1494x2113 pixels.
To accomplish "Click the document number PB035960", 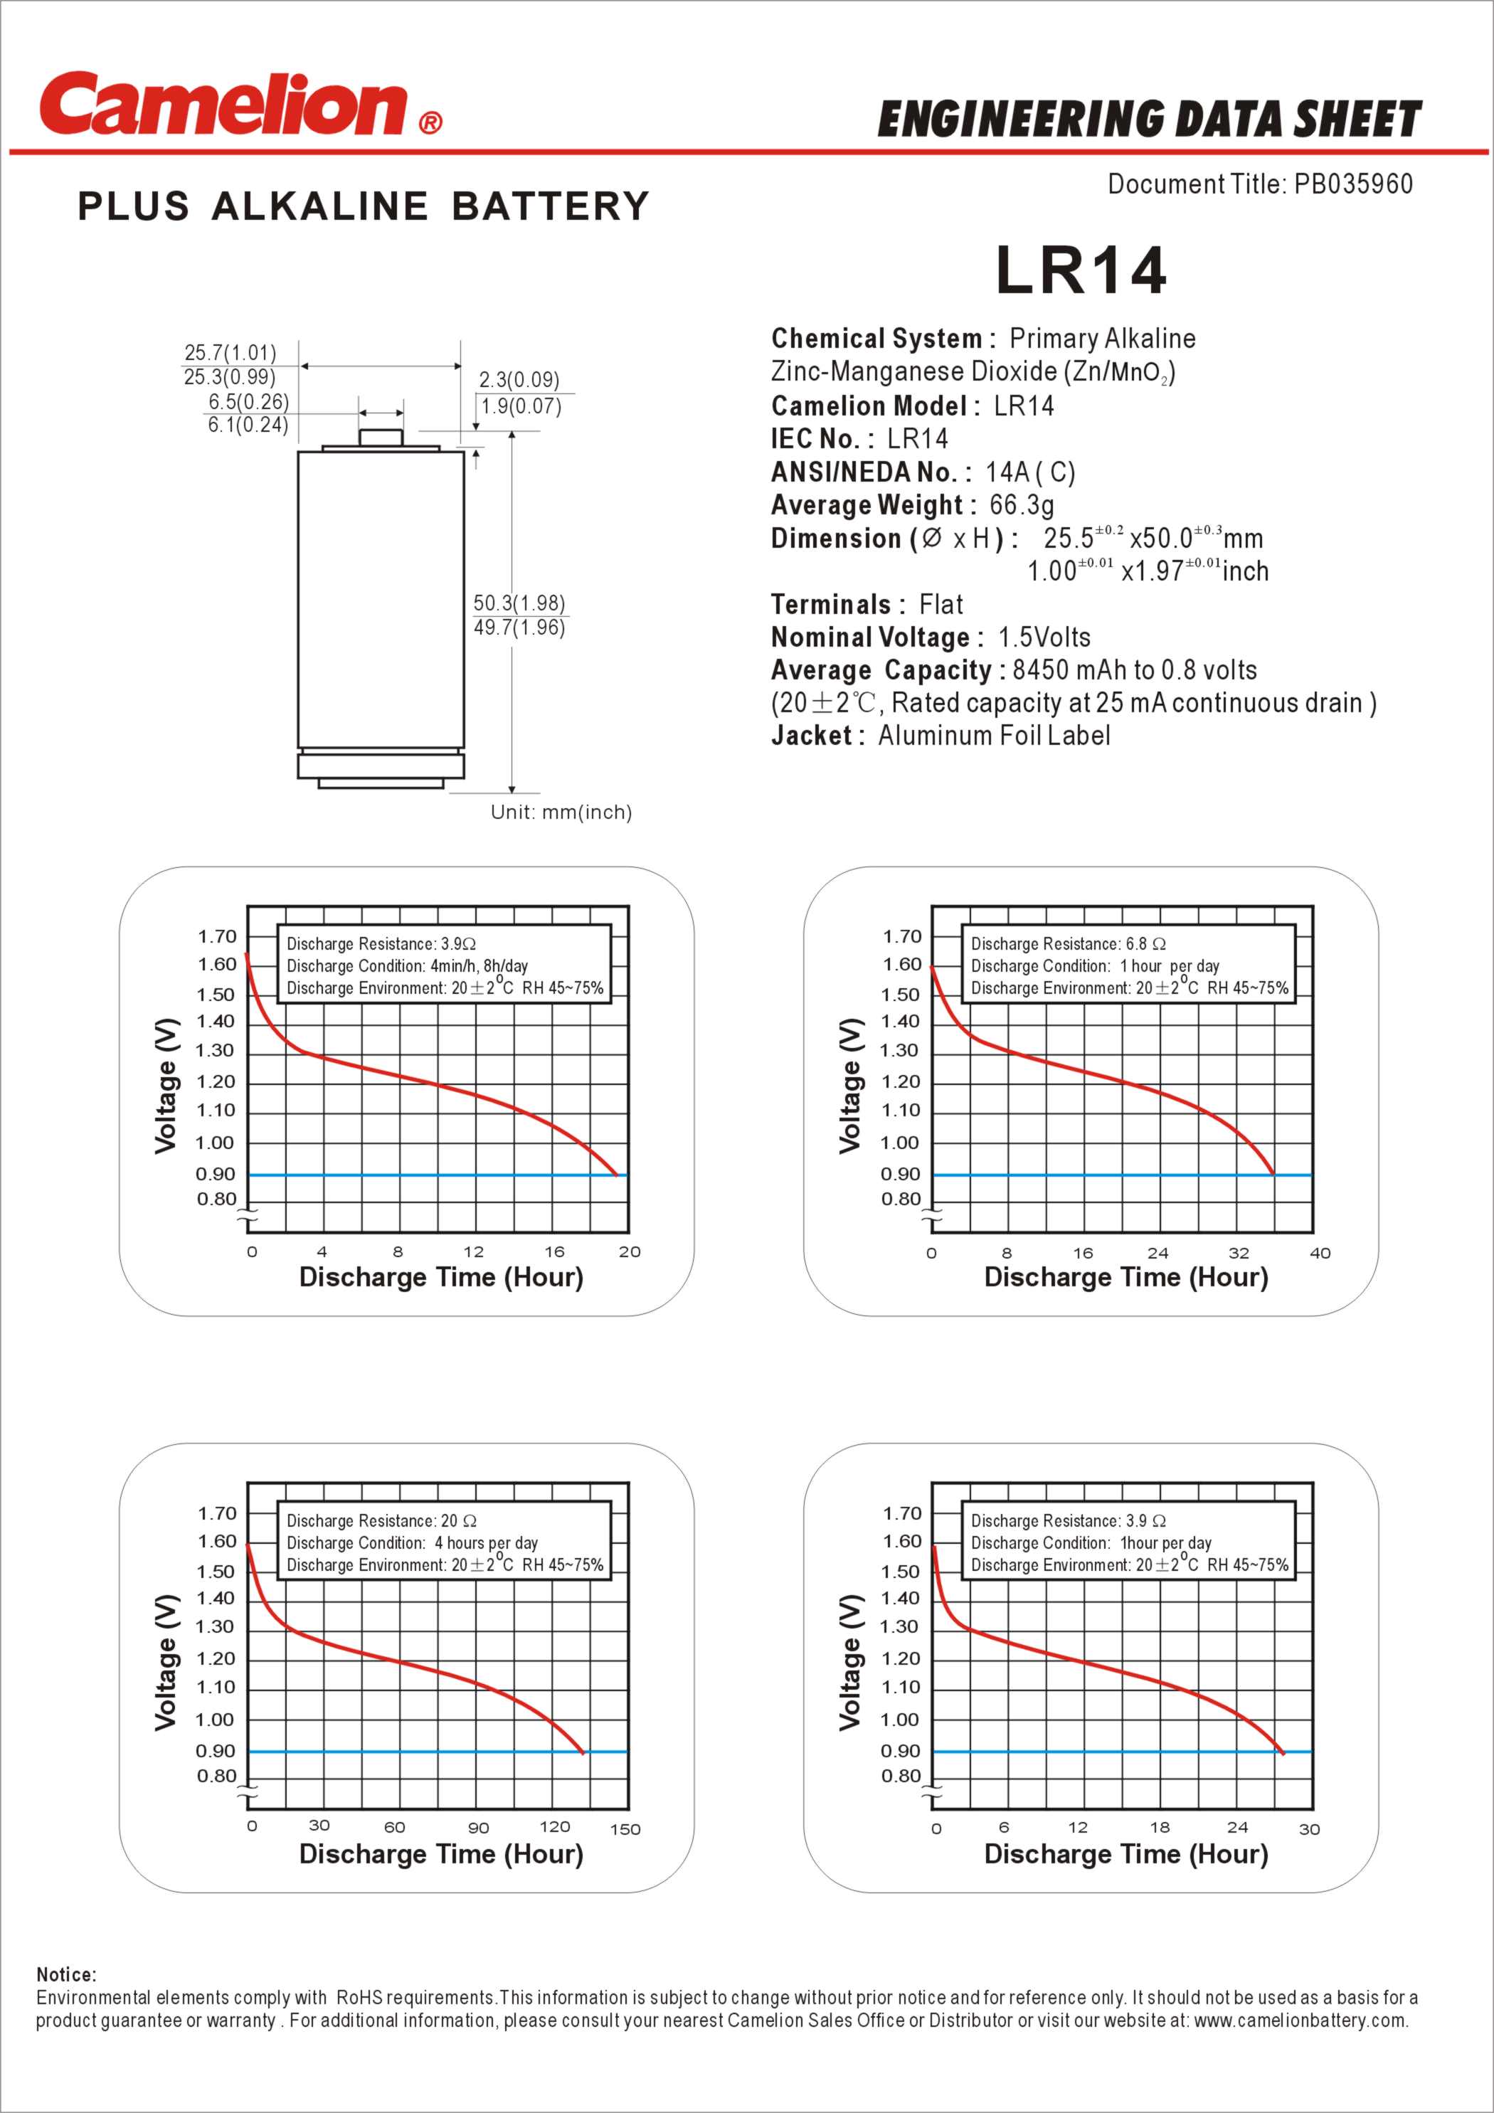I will (x=1352, y=184).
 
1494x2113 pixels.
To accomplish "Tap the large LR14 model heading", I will (x=1081, y=270).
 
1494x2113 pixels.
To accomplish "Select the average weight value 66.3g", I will (x=1022, y=504).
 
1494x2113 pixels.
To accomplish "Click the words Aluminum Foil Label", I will (x=994, y=736).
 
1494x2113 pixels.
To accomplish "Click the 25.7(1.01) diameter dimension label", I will (x=230, y=352).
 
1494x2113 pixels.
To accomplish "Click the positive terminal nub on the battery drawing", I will (x=381, y=438).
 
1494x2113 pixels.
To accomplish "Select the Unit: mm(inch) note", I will (x=561, y=812).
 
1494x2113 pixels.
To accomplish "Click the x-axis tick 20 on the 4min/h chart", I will (x=630, y=1251).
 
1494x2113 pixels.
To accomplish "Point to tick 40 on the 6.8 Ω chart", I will (x=1319, y=1253).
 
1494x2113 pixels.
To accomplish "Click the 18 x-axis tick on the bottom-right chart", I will (x=1160, y=1827).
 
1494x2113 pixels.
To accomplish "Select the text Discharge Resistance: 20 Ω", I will (x=381, y=1521).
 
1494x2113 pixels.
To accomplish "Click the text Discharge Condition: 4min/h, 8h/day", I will (x=407, y=965).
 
